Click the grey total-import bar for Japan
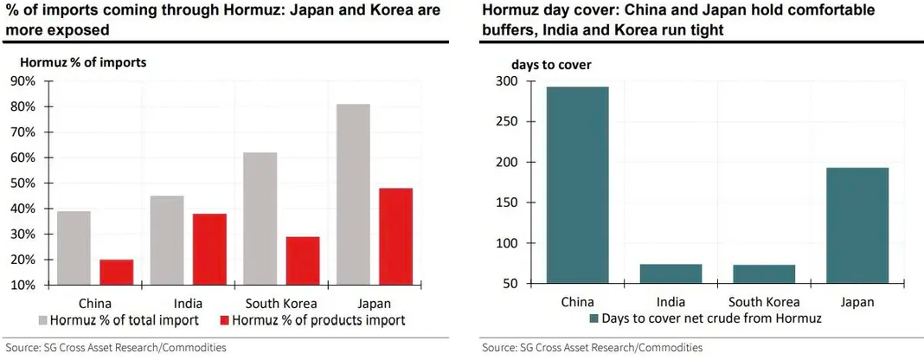tap(353, 195)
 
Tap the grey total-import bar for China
tap(74, 248)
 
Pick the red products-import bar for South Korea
tap(303, 260)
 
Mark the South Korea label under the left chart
tap(281, 304)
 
